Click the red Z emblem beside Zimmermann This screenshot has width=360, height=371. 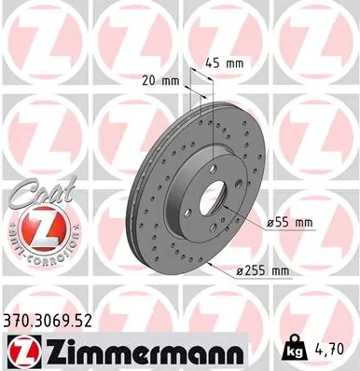[19, 350]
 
